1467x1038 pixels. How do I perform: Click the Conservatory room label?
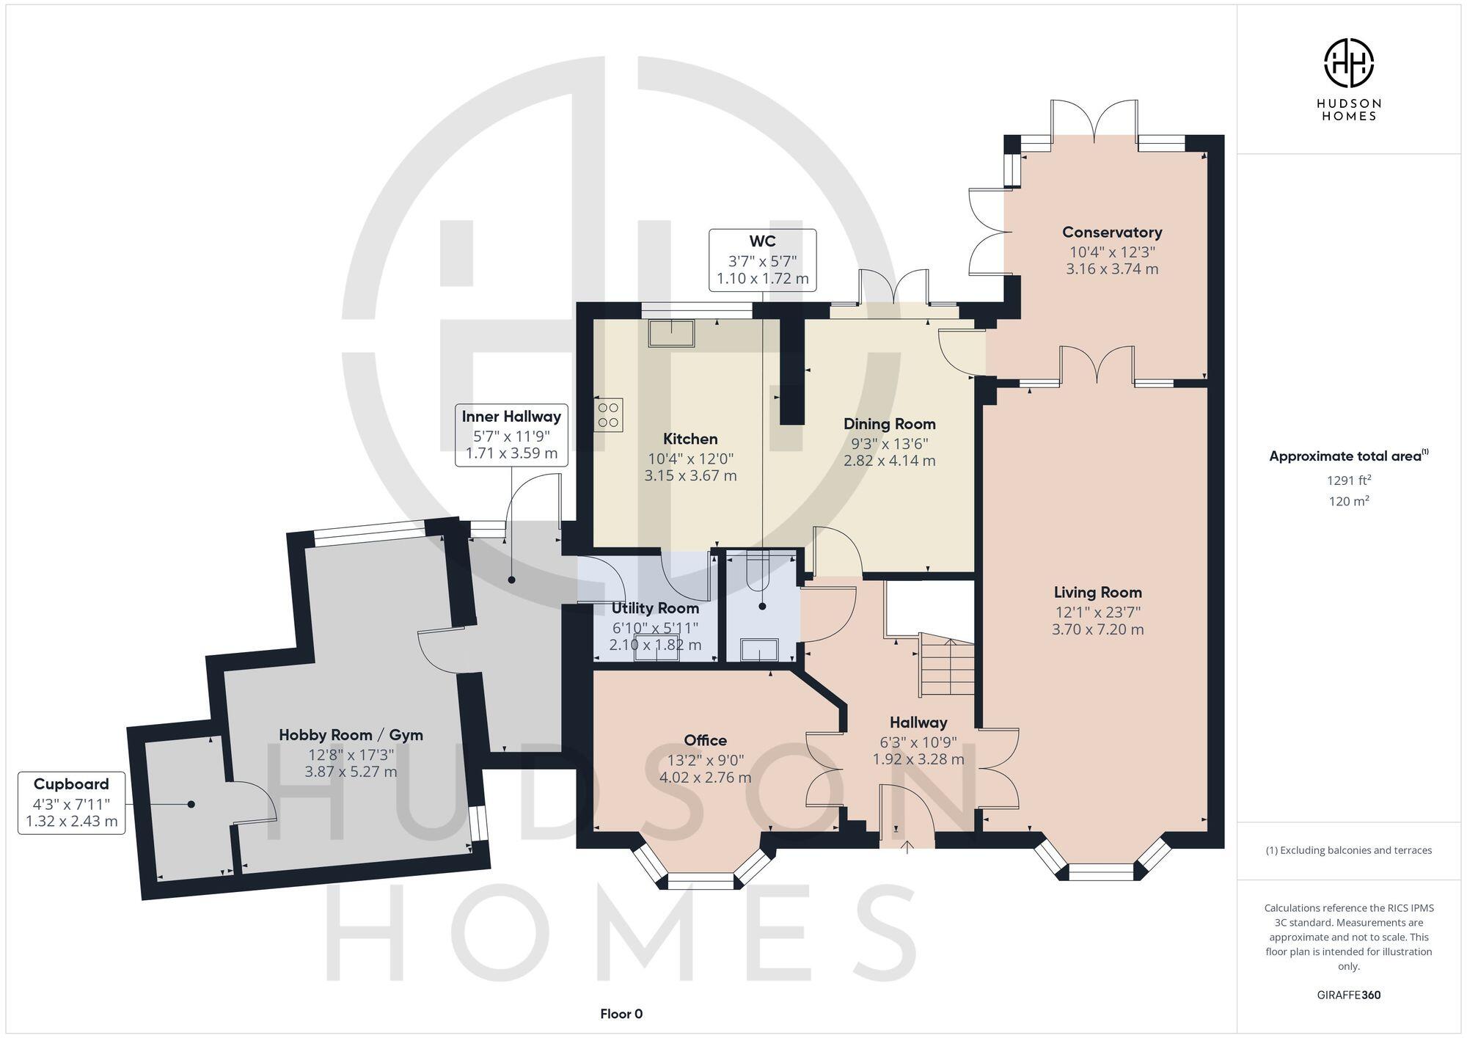(1112, 233)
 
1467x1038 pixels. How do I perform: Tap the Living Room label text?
(1097, 592)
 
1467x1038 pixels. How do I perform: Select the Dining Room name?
(889, 424)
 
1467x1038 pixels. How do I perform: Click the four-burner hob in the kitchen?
(608, 414)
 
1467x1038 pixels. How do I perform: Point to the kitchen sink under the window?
(670, 333)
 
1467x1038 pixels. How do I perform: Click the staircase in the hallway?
(948, 668)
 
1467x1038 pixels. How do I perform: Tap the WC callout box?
(762, 260)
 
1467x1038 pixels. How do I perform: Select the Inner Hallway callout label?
(511, 434)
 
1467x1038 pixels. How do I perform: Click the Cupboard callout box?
(71, 803)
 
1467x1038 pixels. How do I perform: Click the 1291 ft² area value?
(1348, 480)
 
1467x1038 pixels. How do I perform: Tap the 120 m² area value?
(1348, 502)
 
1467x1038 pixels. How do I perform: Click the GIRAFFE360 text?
(1348, 995)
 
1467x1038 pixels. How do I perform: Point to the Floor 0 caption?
(621, 1014)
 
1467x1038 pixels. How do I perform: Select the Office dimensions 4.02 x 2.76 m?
(705, 778)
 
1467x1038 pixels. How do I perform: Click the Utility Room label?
(655, 608)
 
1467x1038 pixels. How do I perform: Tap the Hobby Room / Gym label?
(351, 735)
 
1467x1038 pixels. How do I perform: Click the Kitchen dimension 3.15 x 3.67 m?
(690, 476)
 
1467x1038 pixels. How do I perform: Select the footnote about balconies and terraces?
(1348, 850)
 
